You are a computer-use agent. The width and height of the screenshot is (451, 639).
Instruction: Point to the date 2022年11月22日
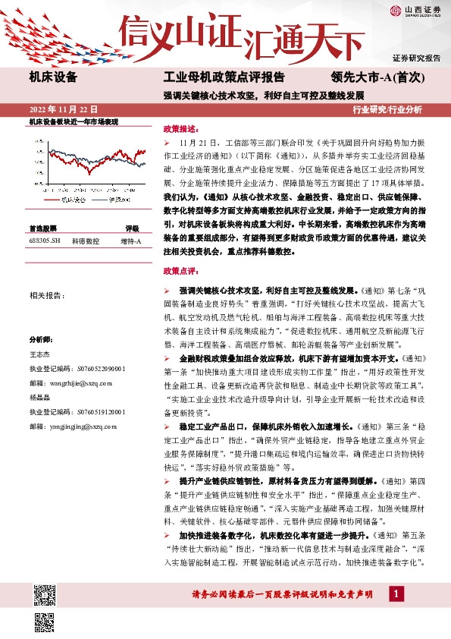click(x=64, y=109)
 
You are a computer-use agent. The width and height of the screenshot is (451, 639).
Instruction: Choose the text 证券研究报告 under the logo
click(x=416, y=58)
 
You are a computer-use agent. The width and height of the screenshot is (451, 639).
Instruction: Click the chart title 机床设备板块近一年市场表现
click(x=74, y=121)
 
